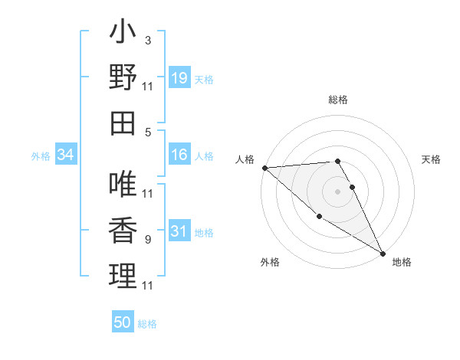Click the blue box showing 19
click(179, 78)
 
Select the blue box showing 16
click(179, 155)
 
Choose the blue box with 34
click(66, 155)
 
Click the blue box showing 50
click(123, 322)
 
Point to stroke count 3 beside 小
click(147, 41)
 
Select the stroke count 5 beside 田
click(147, 132)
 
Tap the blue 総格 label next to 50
click(147, 324)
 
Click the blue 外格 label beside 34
click(41, 156)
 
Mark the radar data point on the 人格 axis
click(264, 167)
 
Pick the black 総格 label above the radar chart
click(337, 100)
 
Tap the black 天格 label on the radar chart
click(432, 159)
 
